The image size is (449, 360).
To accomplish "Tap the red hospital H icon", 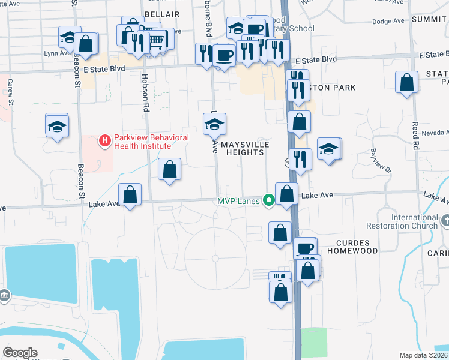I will point(105,141).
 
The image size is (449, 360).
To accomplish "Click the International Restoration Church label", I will point(415,221).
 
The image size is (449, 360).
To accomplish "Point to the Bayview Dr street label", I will point(380,160).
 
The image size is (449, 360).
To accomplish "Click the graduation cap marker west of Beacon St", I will point(57,125).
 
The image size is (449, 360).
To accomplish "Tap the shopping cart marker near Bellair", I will point(156,40).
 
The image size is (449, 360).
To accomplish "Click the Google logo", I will point(20,353).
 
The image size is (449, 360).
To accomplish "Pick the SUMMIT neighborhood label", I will point(429,19).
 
